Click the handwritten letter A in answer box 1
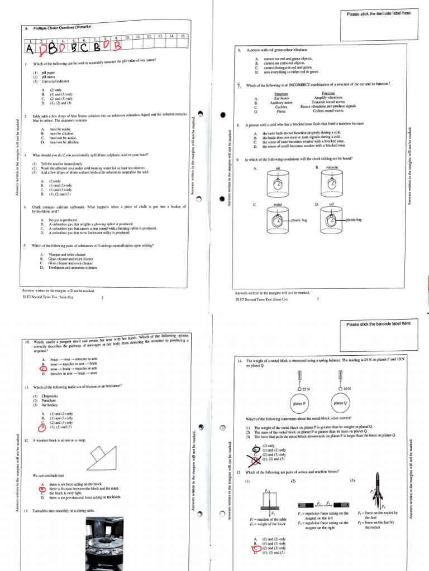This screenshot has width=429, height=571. click(x=30, y=49)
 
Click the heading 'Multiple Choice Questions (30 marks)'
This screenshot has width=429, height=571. click(x=62, y=27)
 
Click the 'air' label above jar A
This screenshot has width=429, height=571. click(x=278, y=167)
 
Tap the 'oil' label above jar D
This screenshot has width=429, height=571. click(x=331, y=205)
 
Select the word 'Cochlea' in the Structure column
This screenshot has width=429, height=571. click(x=274, y=107)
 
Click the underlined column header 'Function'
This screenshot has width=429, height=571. click(x=328, y=93)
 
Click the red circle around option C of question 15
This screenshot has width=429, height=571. click(x=256, y=548)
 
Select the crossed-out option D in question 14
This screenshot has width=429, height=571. click(x=256, y=459)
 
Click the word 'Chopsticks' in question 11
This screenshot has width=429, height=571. click(x=50, y=396)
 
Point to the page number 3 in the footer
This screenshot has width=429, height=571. click(x=317, y=299)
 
